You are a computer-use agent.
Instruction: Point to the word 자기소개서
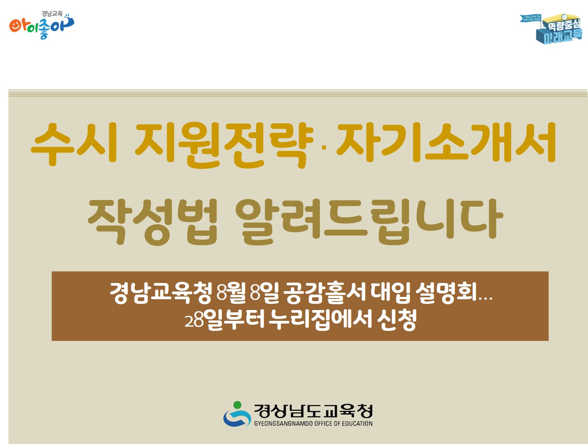click(x=446, y=143)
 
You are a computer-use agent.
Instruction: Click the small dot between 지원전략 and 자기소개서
click(x=324, y=147)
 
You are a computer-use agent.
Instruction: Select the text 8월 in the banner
click(x=231, y=293)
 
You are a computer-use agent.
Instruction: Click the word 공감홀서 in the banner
click(x=324, y=293)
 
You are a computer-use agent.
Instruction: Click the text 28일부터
click(x=225, y=320)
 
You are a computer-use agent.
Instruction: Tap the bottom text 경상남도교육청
click(x=313, y=411)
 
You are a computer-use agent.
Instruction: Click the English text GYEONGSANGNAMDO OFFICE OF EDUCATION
click(x=313, y=424)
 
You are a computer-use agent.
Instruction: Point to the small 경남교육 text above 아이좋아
click(x=52, y=14)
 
